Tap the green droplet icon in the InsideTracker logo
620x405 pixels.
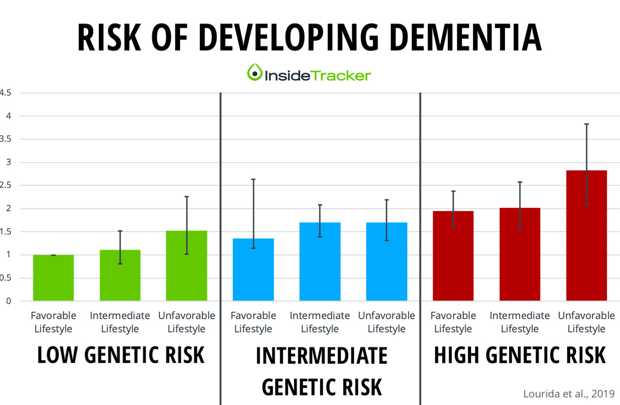[x=254, y=73]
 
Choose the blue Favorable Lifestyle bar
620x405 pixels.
[x=253, y=270]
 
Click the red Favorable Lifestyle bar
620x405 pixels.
[x=453, y=256]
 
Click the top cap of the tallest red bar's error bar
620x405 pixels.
[x=586, y=124]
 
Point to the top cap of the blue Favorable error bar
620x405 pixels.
[x=253, y=179]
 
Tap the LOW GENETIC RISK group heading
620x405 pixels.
[x=121, y=355]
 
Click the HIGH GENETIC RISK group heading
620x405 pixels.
[x=519, y=355]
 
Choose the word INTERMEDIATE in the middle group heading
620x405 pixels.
[x=321, y=356]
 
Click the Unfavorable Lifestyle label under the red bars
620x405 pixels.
[x=586, y=322]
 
